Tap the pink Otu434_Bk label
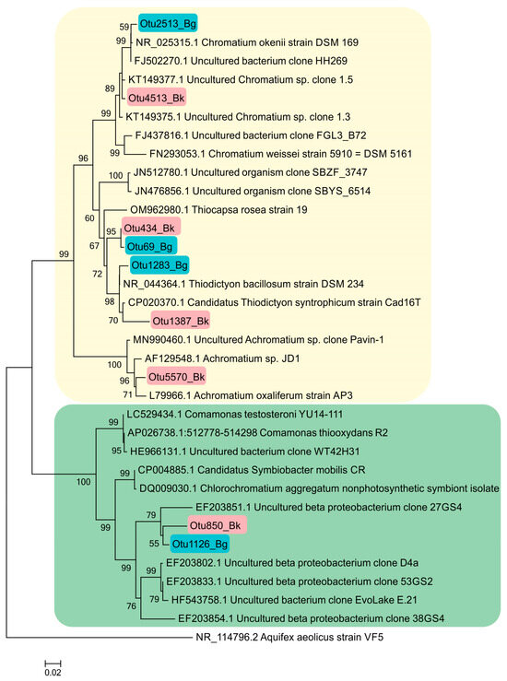click(151, 228)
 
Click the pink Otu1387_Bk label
click(180, 321)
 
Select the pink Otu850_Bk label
click(216, 525)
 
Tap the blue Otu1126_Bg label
click(197, 544)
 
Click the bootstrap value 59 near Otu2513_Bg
click(125, 28)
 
